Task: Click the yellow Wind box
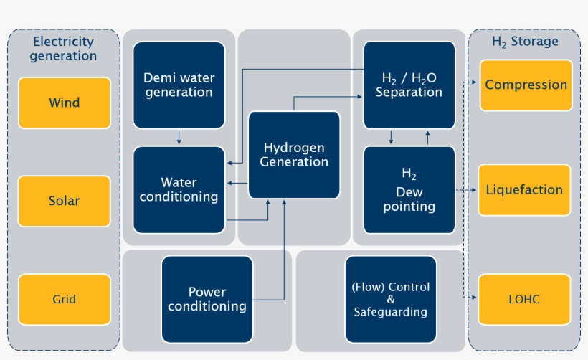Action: point(65,103)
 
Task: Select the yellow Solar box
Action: point(65,201)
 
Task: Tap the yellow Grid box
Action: point(65,299)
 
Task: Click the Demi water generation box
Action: point(179,85)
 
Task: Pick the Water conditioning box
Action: point(179,189)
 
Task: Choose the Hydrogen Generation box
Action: point(294,155)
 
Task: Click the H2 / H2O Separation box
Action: point(409,85)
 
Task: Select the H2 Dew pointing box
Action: point(409,190)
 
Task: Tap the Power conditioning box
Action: point(207,299)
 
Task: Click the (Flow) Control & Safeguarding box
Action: point(391,299)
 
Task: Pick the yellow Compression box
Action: point(526,85)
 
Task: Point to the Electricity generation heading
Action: point(64,48)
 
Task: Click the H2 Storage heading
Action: point(525,42)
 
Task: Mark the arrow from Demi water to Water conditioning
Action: point(179,137)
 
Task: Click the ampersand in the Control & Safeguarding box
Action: point(391,300)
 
